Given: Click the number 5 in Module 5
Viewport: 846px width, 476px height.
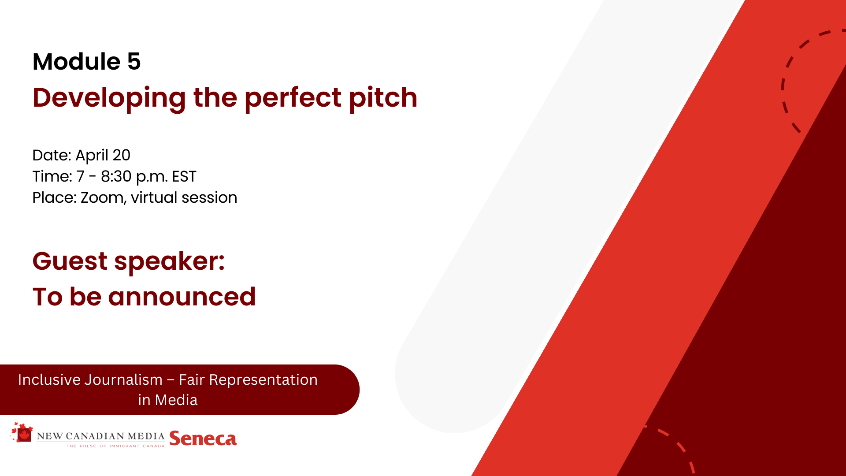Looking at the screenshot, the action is click(x=134, y=61).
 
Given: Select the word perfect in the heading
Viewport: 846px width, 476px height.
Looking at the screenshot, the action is click(x=293, y=98).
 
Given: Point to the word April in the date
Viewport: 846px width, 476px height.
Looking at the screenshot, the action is click(x=92, y=156).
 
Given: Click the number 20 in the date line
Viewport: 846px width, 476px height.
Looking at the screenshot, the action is click(x=121, y=155).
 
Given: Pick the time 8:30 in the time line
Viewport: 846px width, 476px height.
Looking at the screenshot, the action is click(x=116, y=176).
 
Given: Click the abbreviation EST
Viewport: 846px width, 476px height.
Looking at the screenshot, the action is click(x=184, y=176).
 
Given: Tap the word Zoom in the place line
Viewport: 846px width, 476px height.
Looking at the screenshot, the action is click(x=104, y=198).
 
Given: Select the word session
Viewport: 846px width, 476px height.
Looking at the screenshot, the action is click(x=209, y=197).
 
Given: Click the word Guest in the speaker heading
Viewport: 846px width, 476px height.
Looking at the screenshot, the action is click(x=70, y=261).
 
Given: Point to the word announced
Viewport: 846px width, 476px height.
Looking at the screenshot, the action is click(x=182, y=297).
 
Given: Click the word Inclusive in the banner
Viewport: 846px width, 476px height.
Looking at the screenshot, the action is click(x=49, y=380).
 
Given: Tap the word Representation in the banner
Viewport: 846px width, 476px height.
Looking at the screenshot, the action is click(x=263, y=380).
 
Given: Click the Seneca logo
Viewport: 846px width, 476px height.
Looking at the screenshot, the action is click(x=203, y=439).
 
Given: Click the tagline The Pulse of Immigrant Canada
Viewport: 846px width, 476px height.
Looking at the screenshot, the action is click(x=115, y=446).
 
